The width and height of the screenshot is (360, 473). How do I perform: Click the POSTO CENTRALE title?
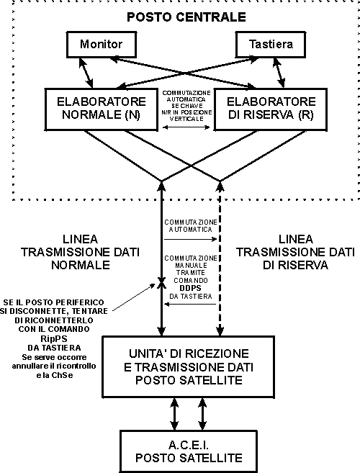(x=186, y=17)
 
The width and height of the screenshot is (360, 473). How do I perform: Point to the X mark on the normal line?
(x=161, y=283)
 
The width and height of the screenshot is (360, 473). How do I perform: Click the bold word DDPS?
(x=190, y=288)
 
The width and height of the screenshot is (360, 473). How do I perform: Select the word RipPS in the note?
(x=54, y=338)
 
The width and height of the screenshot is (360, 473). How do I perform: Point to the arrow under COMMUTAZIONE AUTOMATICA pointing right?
(x=190, y=239)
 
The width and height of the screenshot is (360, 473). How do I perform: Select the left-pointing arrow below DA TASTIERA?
(x=190, y=304)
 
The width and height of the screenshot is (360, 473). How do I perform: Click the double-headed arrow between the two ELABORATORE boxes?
(x=186, y=127)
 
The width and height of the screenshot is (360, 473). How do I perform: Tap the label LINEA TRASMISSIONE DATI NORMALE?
(x=80, y=252)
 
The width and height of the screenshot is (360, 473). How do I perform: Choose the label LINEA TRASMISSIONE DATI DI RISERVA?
(x=295, y=252)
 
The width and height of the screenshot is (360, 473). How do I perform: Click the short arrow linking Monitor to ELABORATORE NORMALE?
(x=86, y=73)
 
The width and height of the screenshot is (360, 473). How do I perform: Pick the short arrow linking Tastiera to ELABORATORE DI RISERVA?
(x=279, y=73)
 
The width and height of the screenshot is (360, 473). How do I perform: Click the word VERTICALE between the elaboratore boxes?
(x=186, y=119)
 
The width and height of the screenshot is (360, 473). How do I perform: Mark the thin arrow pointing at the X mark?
(x=134, y=297)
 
